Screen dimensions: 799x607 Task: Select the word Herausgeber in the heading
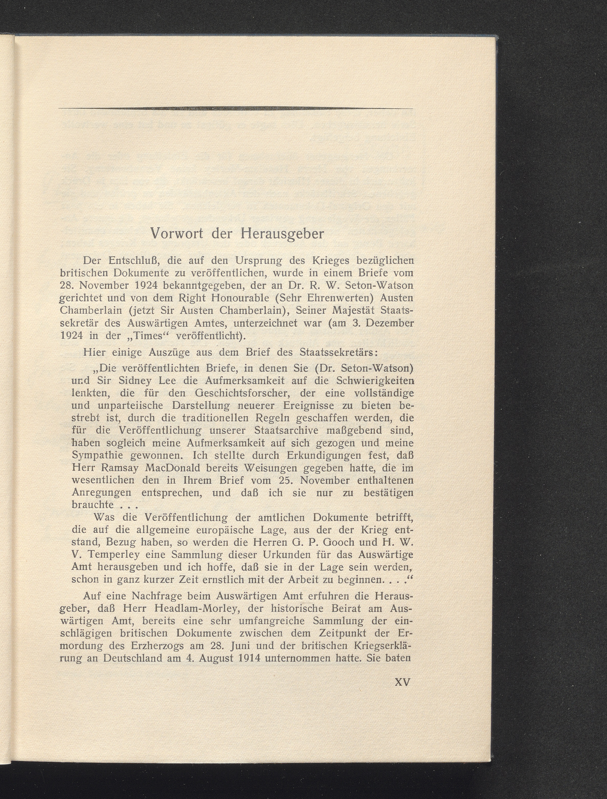(x=282, y=234)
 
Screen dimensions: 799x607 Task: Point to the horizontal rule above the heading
(x=235, y=108)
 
